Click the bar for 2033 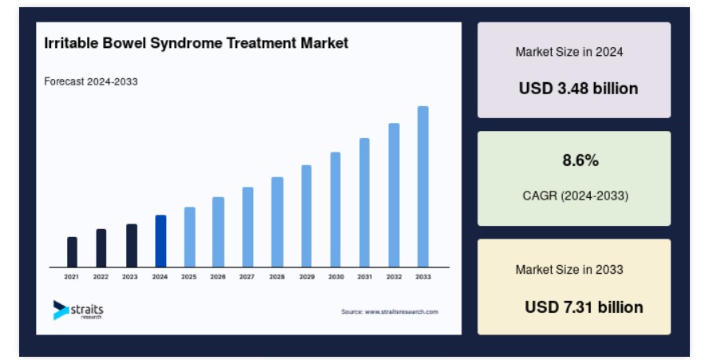pos(423,187)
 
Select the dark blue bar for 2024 pos(160,241)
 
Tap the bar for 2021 pos(73,252)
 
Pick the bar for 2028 pos(277,222)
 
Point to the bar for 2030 pos(335,209)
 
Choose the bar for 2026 pos(219,232)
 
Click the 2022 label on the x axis pos(101,277)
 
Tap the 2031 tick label pos(365,277)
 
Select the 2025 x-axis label pos(189,277)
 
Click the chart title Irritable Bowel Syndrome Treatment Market pos(196,43)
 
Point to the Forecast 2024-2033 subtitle pos(91,81)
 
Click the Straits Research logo pos(78,311)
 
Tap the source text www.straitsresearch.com pos(402,311)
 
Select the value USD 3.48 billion pos(578,88)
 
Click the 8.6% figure pos(580,160)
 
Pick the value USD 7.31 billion pos(584,307)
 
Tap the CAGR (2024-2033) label pos(575,196)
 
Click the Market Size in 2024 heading pos(569,52)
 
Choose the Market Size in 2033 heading pos(569,270)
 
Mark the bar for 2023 pos(132,246)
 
